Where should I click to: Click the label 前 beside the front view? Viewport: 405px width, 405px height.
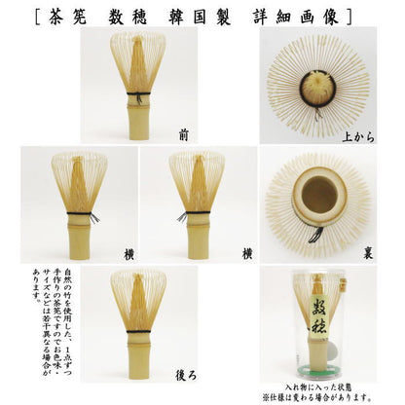pos(185,133)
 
